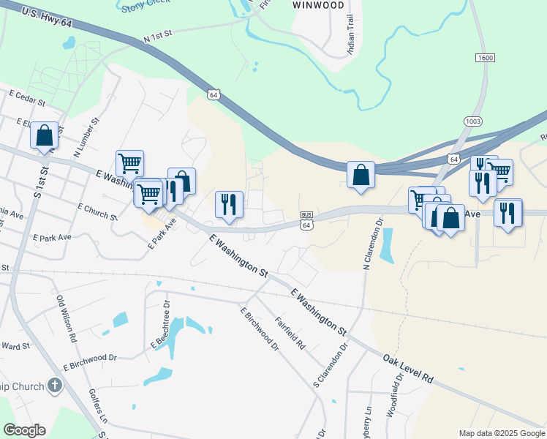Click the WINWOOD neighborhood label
(318, 4)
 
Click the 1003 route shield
(472, 121)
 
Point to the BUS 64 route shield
(306, 219)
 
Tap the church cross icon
(54, 385)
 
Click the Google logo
(24, 430)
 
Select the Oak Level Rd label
(407, 368)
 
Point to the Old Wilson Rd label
(67, 320)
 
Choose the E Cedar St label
(27, 95)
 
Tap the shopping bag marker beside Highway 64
(361, 176)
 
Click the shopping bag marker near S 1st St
(45, 136)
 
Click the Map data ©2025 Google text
(502, 433)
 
